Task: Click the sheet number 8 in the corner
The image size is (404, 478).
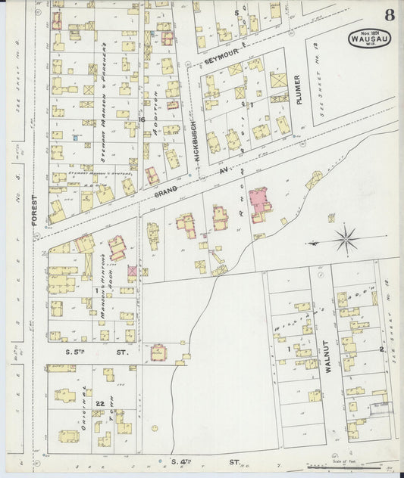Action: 388,14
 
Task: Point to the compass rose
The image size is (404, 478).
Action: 346,241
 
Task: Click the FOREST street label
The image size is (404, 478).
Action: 35,209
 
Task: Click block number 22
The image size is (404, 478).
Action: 99,403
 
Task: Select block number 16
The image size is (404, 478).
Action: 141,119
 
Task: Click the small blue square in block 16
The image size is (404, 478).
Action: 76,137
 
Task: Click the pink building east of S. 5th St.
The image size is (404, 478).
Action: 159,353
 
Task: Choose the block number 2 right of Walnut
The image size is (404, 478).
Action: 381,350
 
